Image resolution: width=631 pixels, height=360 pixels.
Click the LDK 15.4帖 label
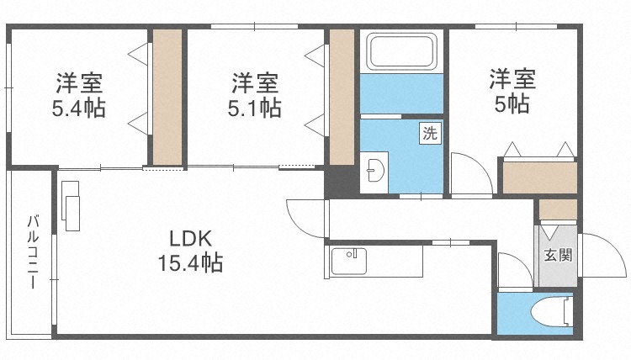pos(190,251)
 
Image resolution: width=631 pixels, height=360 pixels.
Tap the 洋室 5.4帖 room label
pos(79,95)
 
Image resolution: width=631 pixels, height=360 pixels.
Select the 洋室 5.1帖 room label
pos(254,95)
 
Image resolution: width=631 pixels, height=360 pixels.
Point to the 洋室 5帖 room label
pos(512,92)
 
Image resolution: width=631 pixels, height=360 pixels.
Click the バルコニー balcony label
pos(33,251)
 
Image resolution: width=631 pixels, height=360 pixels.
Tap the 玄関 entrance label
pos(558,255)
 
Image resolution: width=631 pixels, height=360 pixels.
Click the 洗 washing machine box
pos(430,132)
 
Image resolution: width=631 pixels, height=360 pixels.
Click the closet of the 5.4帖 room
pos(167,97)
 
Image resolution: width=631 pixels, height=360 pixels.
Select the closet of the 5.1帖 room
pos(342,97)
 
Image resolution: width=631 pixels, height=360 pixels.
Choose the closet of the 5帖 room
pos(539,177)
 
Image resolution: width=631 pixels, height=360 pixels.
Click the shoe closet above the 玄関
pos(558,209)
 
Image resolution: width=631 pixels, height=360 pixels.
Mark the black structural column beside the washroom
pos(342,182)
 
